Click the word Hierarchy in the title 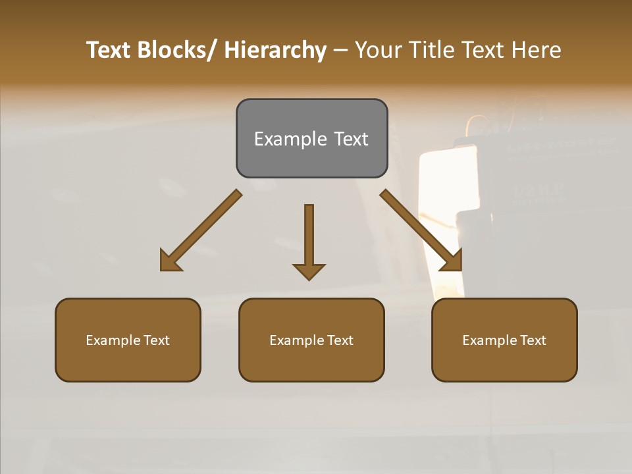(275, 50)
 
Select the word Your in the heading (377, 50)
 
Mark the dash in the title (340, 51)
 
